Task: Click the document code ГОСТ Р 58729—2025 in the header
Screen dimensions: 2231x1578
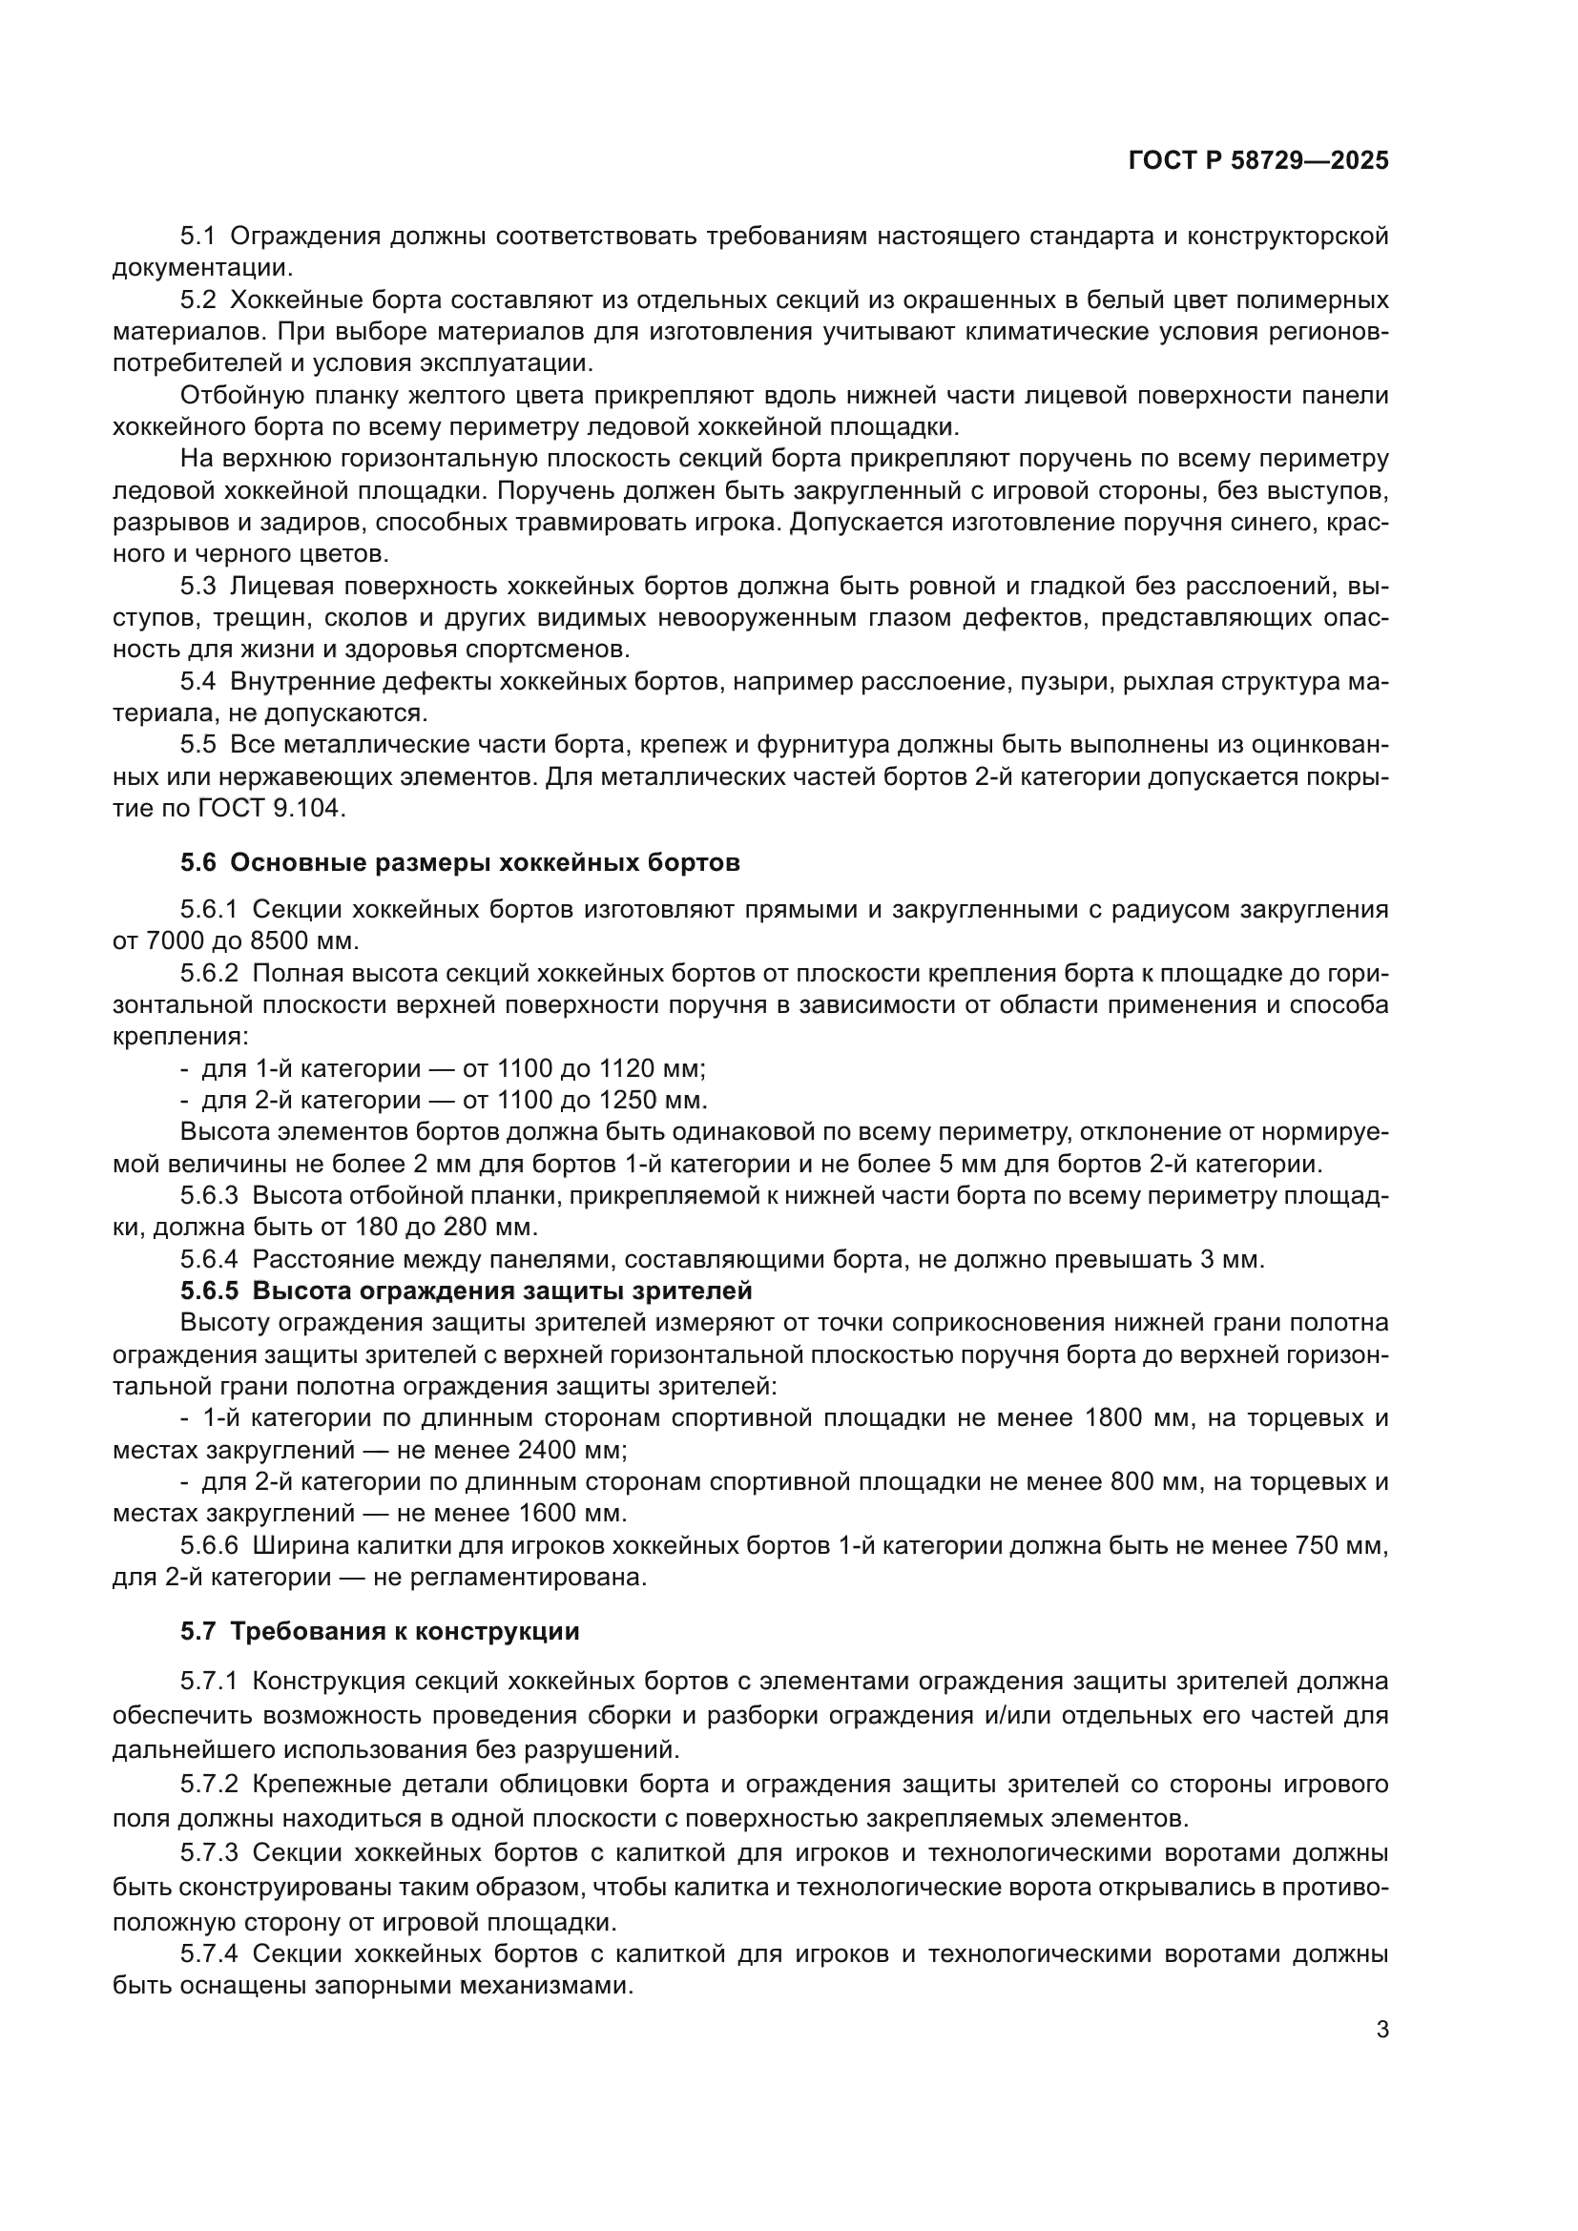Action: pyautogui.click(x=1258, y=160)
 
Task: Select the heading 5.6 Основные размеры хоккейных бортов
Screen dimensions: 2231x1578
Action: pyautogui.click(x=460, y=863)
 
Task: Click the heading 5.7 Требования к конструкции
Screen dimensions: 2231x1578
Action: pyautogui.click(x=380, y=1631)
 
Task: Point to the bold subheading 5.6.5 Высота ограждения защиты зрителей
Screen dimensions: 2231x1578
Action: pyautogui.click(x=467, y=1291)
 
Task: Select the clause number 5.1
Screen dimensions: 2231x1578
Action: pyautogui.click(x=197, y=237)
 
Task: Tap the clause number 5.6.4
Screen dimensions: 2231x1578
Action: pyautogui.click(x=209, y=1259)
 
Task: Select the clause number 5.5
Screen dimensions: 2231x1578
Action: pyautogui.click(x=197, y=744)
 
